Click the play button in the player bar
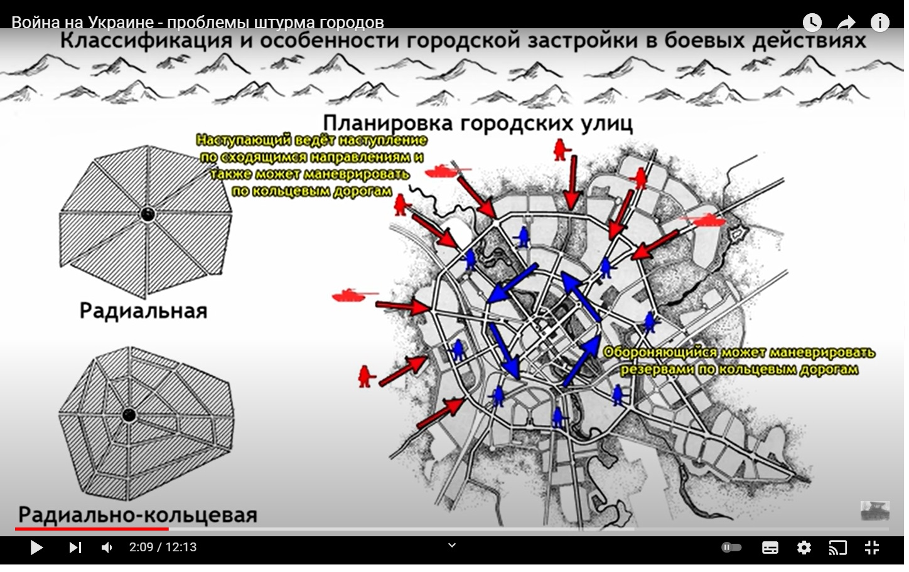pyautogui.click(x=36, y=548)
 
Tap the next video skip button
pyautogui.click(x=75, y=548)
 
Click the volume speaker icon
pyautogui.click(x=107, y=548)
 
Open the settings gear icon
pyautogui.click(x=804, y=548)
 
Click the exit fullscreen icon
pyautogui.click(x=872, y=548)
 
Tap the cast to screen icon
pyautogui.click(x=837, y=548)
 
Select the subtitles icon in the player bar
pyautogui.click(x=770, y=548)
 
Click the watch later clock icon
pyautogui.click(x=812, y=23)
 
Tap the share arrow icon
pyautogui.click(x=846, y=23)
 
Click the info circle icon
pyautogui.click(x=879, y=23)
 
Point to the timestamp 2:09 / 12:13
pyautogui.click(x=163, y=548)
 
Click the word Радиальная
pyautogui.click(x=143, y=311)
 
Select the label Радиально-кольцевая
pyautogui.click(x=138, y=515)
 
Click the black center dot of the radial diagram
pyautogui.click(x=148, y=214)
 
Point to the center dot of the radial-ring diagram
pyautogui.click(x=129, y=415)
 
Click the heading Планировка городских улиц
pyautogui.click(x=478, y=123)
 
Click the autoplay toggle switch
pyautogui.click(x=731, y=548)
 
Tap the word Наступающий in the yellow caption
pyautogui.click(x=244, y=140)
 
